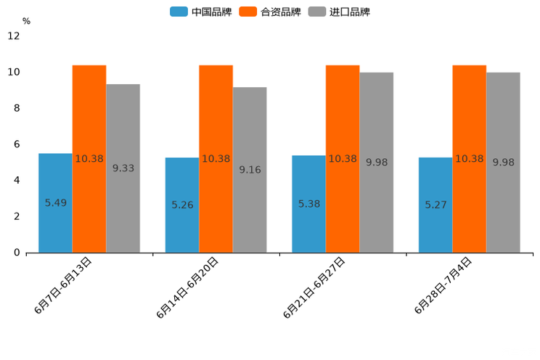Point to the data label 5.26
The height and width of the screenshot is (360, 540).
point(182,205)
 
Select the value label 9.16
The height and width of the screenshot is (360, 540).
point(250,170)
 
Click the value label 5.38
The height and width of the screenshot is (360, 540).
point(309,204)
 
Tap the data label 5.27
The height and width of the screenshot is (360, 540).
point(435,205)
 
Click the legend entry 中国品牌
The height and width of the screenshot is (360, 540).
point(201,12)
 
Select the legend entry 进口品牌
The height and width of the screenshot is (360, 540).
point(339,12)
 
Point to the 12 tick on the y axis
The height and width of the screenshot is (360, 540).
point(14,36)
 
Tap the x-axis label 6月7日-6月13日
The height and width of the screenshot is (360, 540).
point(63,285)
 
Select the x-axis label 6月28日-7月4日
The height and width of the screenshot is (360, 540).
point(443,285)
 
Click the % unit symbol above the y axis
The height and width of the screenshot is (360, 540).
point(26,22)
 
